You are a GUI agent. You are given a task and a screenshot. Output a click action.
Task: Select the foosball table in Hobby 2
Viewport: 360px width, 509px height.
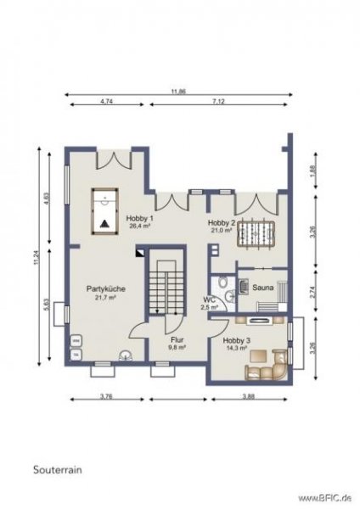254,233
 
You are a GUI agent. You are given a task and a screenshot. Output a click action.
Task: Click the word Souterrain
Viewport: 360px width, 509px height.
57,468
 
